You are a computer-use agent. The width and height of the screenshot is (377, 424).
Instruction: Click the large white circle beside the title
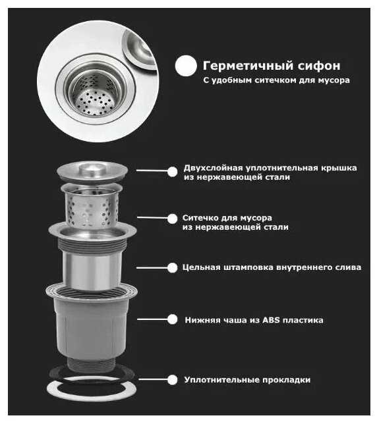coord(186,66)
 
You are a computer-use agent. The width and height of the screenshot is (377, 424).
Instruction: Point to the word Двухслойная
coord(213,168)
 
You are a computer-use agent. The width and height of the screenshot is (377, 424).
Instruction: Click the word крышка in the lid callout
coord(339,168)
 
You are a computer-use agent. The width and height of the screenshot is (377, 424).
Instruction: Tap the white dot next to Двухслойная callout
coord(172,171)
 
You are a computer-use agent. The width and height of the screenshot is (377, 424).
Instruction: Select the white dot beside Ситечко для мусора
coord(172,219)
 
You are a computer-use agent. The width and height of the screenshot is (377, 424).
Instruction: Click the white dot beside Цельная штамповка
coord(172,268)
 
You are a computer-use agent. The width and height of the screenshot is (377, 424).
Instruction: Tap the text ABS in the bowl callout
coord(271,320)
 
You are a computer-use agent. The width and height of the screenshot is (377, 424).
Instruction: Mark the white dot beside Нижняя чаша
coord(172,319)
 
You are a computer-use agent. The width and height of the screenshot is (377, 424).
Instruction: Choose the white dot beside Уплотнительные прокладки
coord(172,380)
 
